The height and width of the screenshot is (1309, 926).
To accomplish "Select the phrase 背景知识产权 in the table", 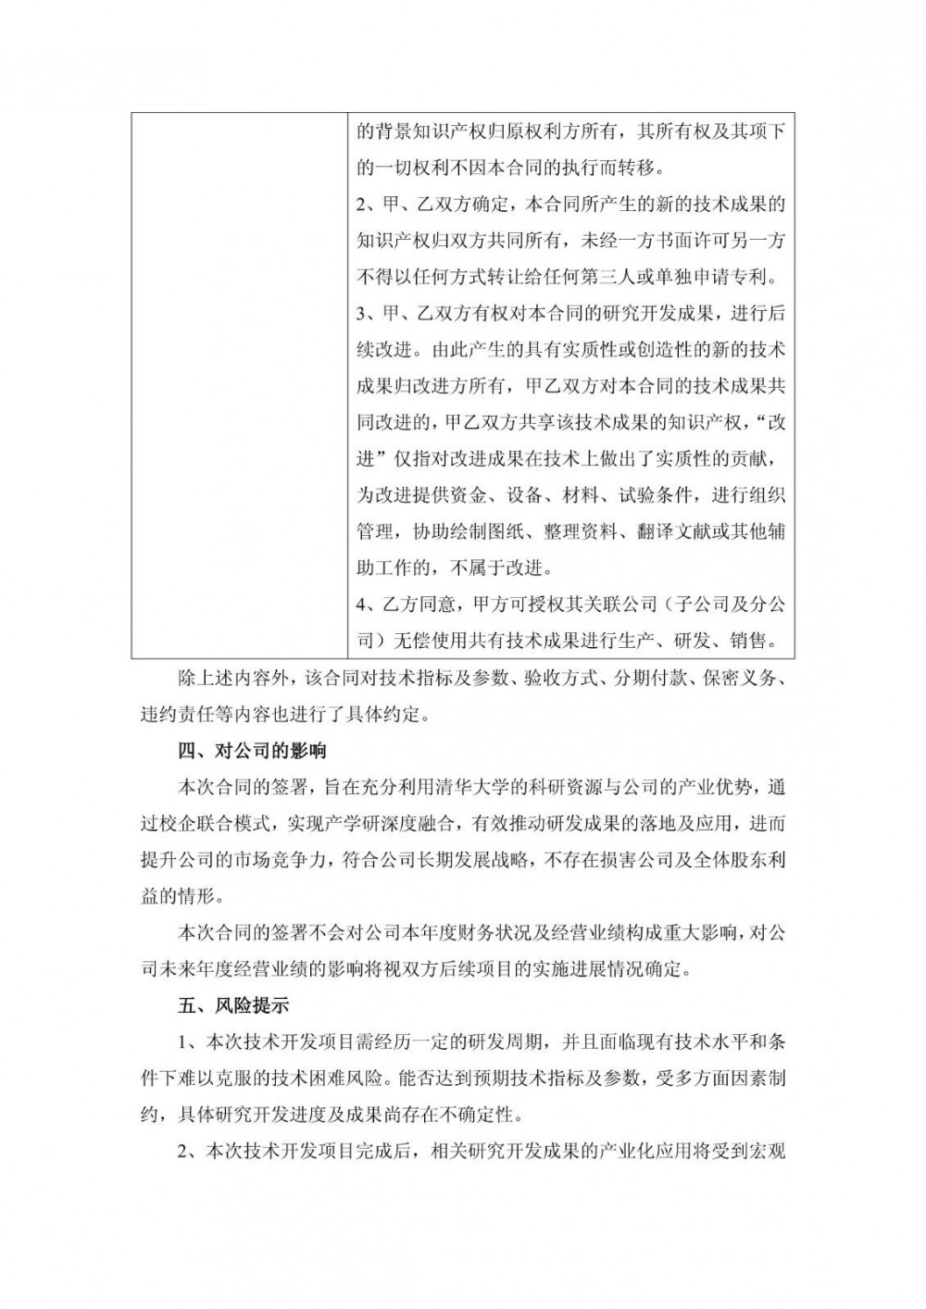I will tap(425, 131).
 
